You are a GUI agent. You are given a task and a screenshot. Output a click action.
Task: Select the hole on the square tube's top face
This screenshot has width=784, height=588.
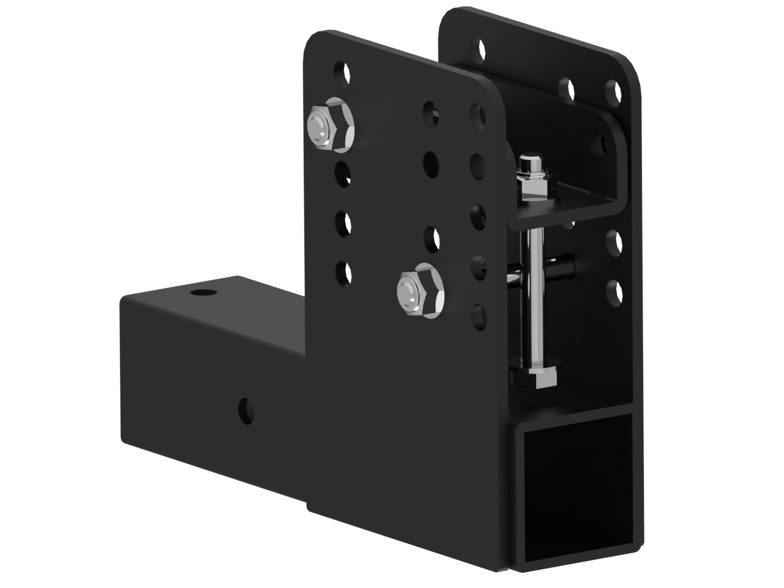199,293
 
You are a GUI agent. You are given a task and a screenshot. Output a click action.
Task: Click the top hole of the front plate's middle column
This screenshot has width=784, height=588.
431,112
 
